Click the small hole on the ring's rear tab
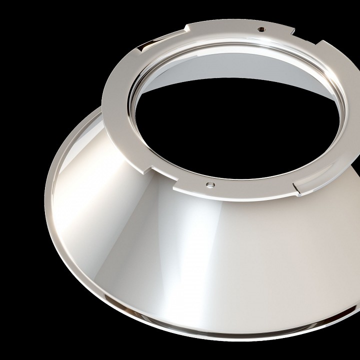pyautogui.click(x=260, y=29)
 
